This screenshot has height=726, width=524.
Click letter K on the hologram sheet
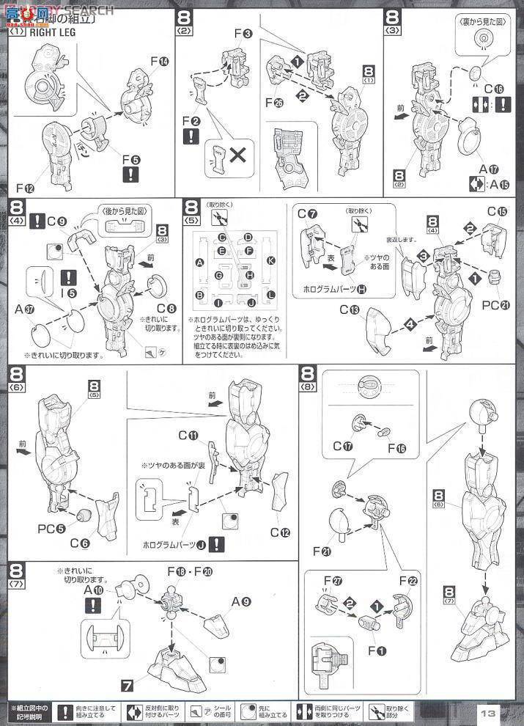tap(270, 260)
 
